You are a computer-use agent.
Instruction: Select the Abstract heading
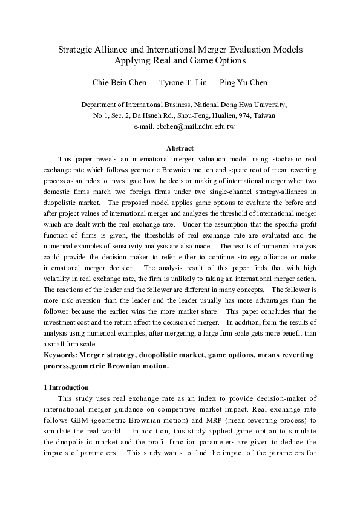pos(180,148)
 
